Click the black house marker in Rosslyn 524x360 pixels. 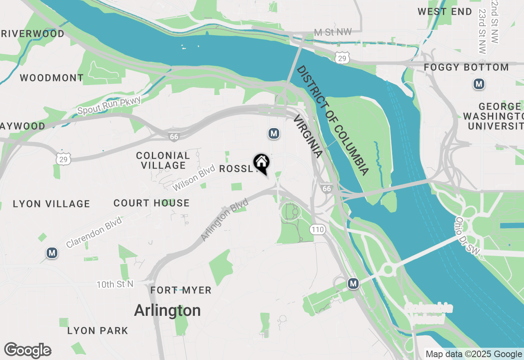pyautogui.click(x=261, y=163)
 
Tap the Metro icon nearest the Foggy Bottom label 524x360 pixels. pyautogui.click(x=479, y=84)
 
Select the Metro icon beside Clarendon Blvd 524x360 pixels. pyautogui.click(x=52, y=253)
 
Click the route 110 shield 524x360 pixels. pyautogui.click(x=318, y=229)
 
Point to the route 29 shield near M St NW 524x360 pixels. pyautogui.click(x=342, y=59)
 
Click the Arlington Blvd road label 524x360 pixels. pyautogui.click(x=225, y=220)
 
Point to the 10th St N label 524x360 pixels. pyautogui.click(x=115, y=284)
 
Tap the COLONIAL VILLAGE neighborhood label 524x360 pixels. pyautogui.click(x=163, y=160)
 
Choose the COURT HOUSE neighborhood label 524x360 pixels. pyautogui.click(x=151, y=203)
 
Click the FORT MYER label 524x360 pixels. pyautogui.click(x=181, y=290)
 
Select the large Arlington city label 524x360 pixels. pyautogui.click(x=167, y=310)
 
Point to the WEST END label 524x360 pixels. pyautogui.click(x=445, y=11)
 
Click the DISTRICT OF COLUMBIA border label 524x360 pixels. pyautogui.click(x=332, y=120)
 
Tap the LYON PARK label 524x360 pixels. pyautogui.click(x=97, y=331)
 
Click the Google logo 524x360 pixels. pyautogui.click(x=28, y=350)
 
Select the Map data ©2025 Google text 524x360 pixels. pyautogui.click(x=474, y=354)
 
